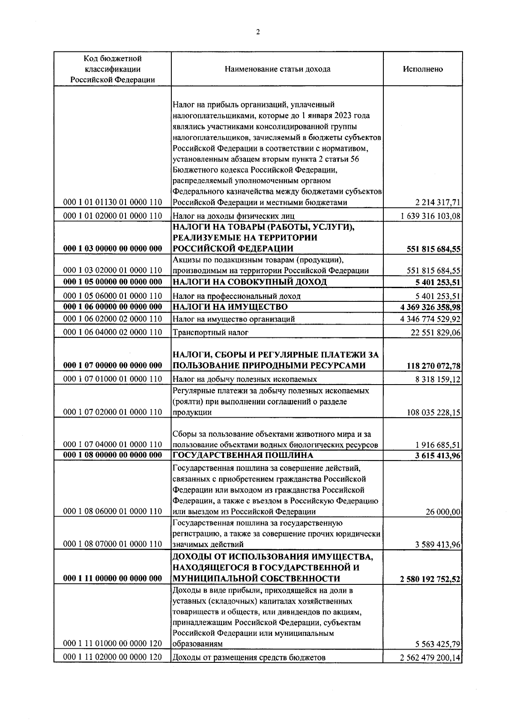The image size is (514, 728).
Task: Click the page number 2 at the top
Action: point(257,32)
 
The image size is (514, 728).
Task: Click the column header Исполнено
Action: point(423,69)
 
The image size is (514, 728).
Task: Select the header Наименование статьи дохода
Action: point(277,69)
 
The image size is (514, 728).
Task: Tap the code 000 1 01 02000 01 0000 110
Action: point(112,216)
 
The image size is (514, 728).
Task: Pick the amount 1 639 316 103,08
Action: point(430,216)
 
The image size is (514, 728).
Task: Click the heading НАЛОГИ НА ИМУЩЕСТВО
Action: point(230,307)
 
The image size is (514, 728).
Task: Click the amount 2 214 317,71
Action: point(439,203)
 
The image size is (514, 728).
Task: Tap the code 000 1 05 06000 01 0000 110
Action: point(112,296)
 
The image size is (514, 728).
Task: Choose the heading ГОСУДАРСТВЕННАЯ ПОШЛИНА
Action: point(242,455)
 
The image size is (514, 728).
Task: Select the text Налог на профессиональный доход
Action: point(236,296)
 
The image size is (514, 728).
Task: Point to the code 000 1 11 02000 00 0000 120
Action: point(112,668)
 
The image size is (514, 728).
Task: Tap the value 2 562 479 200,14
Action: point(430,669)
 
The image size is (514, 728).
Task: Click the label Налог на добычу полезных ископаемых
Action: point(245,379)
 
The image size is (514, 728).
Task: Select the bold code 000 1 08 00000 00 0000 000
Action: point(112,455)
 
